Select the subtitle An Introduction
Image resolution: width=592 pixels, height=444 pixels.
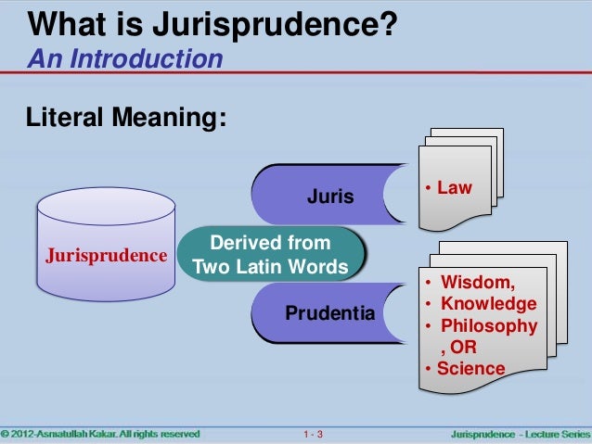pos(125,60)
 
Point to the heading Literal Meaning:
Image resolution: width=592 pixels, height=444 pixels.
pos(126,119)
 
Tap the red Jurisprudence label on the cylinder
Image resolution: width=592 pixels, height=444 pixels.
pos(101,253)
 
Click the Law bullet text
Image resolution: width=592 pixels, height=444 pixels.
pos(455,188)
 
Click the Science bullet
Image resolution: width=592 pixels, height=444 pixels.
pos(470,369)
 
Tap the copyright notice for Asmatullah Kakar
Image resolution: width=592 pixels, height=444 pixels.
pos(99,433)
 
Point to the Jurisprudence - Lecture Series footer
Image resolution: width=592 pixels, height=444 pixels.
pos(519,433)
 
